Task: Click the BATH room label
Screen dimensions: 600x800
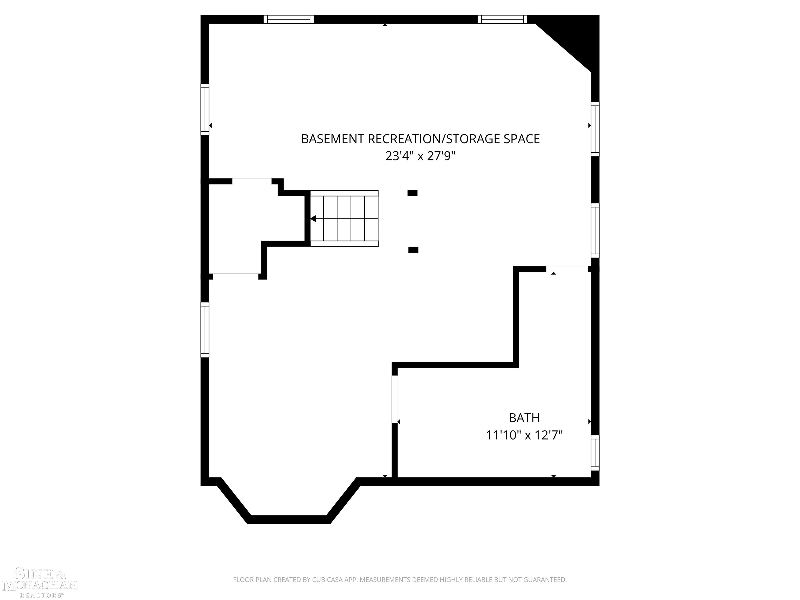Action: [x=524, y=418]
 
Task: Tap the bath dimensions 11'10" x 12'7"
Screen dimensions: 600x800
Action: [x=524, y=435]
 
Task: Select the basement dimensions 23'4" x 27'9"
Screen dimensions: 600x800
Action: [x=420, y=156]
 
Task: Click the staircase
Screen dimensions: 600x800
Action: [x=344, y=218]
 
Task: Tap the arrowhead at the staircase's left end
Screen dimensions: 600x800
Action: [x=313, y=219]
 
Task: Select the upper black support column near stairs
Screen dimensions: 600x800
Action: [x=412, y=193]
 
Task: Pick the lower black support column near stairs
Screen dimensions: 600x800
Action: [x=413, y=249]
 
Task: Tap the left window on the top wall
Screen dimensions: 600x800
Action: [x=289, y=20]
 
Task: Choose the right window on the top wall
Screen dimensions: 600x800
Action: [x=502, y=20]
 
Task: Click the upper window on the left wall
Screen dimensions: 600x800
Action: [x=205, y=110]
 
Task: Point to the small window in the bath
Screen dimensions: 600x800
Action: [x=595, y=453]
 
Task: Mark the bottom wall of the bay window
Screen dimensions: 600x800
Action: [x=289, y=520]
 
